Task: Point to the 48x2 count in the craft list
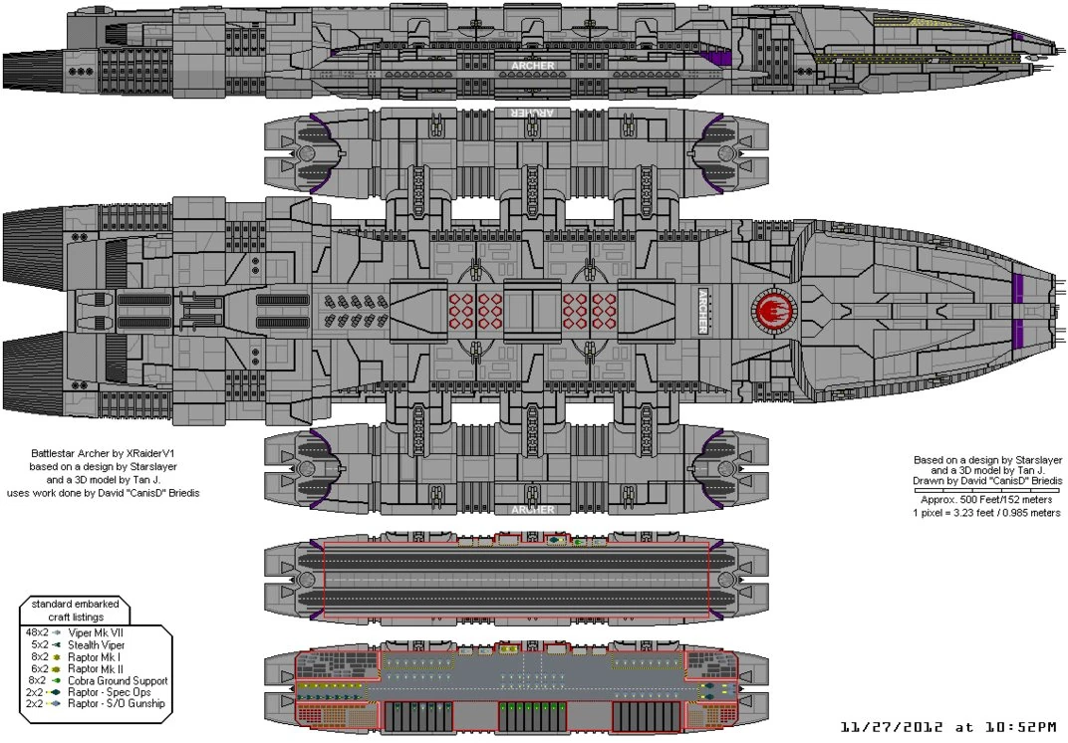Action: pyautogui.click(x=34, y=631)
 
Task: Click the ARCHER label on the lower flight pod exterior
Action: pyautogui.click(x=532, y=510)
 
